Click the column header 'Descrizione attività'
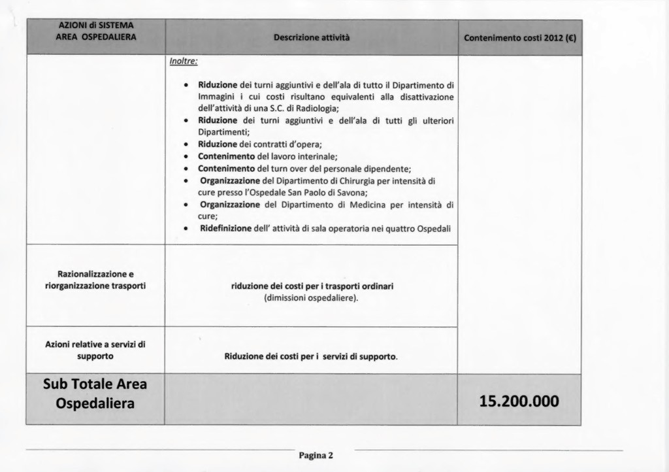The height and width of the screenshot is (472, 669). pos(312,38)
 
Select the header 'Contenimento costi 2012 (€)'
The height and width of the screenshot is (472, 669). pos(520,38)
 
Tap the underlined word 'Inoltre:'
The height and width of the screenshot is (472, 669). pos(183,61)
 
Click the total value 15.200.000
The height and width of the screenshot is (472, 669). pos(519,400)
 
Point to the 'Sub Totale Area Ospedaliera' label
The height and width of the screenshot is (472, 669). pos(95,394)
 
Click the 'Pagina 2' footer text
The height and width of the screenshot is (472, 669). pos(316,456)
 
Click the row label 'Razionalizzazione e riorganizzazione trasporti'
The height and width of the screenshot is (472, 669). pos(95,280)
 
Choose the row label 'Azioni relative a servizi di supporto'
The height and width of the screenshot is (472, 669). pos(95,350)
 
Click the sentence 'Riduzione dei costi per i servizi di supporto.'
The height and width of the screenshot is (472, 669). pos(311,357)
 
